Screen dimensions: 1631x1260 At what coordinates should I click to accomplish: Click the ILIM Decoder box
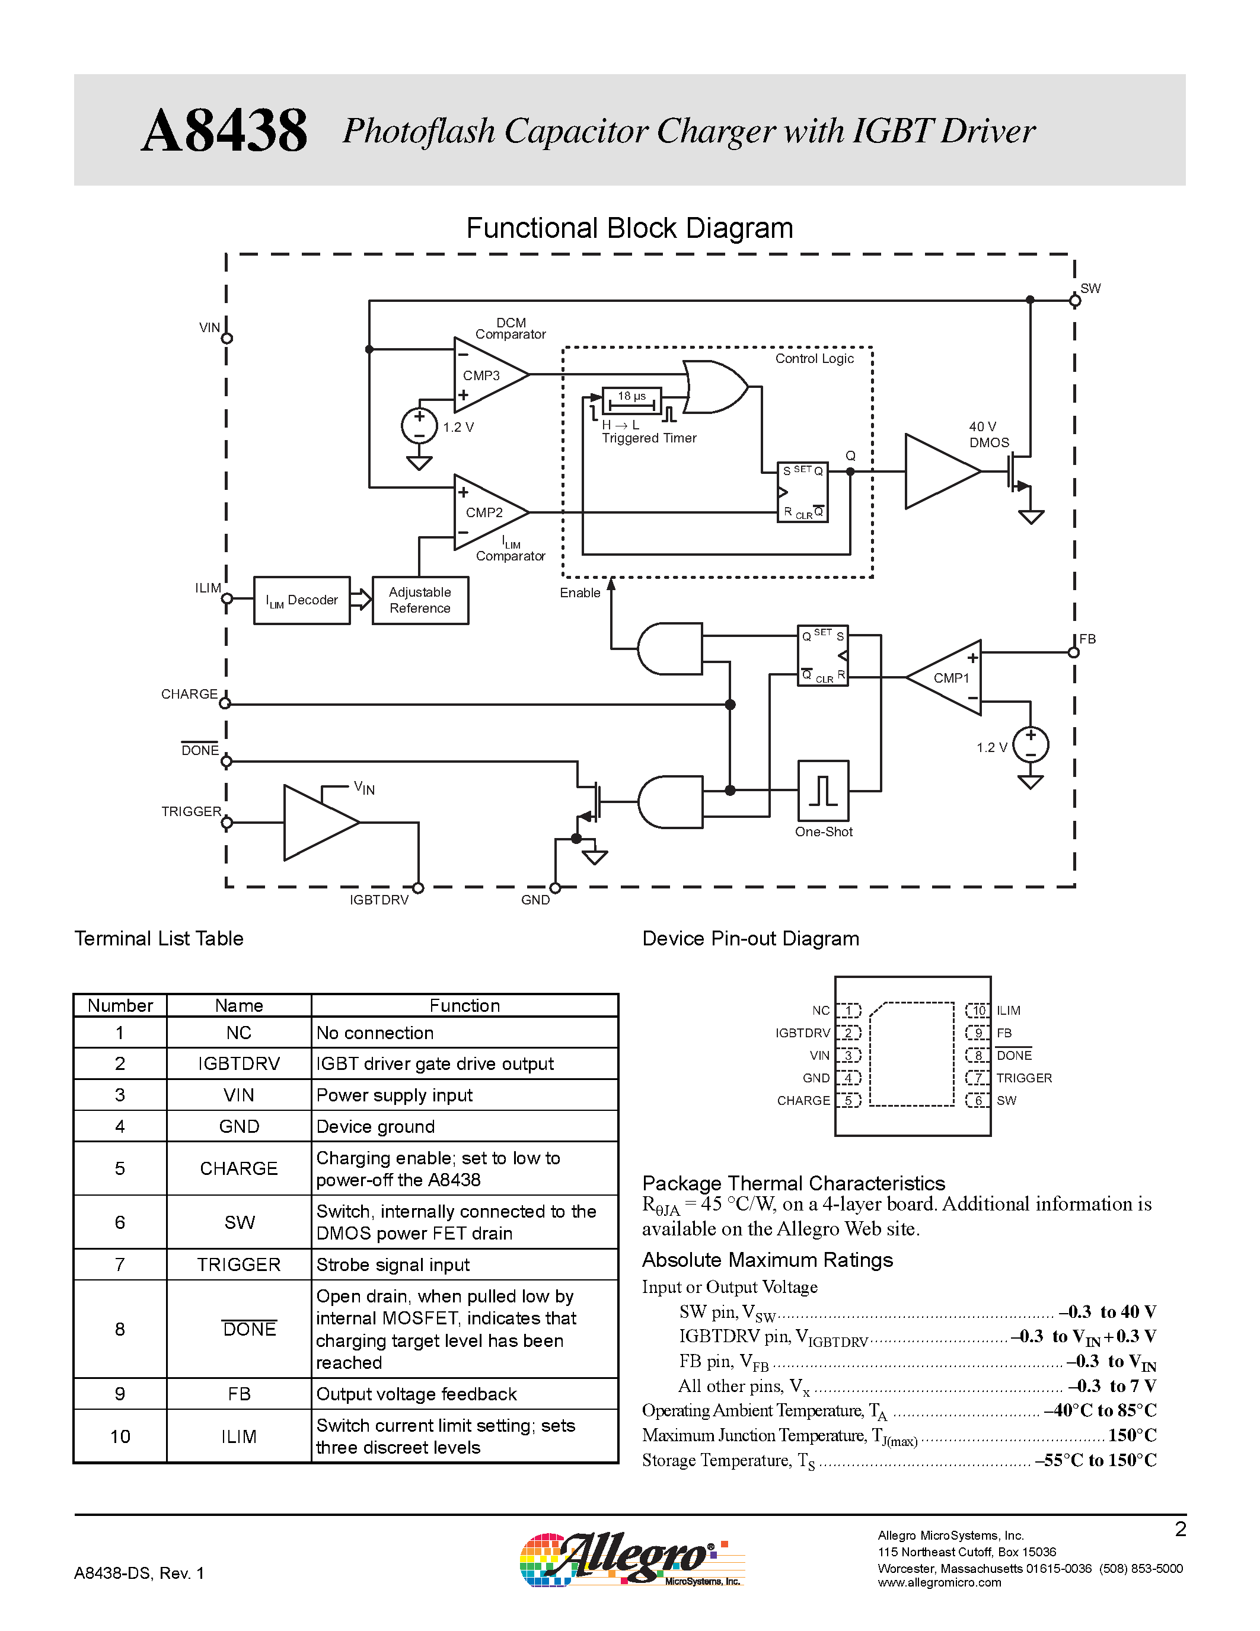coord(302,600)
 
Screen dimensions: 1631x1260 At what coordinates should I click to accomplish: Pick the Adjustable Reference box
coord(420,600)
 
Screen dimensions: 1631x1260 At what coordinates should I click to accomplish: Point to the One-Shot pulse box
coord(824,790)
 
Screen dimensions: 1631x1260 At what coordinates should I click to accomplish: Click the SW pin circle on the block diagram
coord(1075,301)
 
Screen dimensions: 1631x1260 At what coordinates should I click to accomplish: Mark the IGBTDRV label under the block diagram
coord(379,900)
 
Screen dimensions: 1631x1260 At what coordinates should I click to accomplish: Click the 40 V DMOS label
coord(988,434)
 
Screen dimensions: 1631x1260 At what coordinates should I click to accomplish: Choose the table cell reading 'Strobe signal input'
coord(393,1264)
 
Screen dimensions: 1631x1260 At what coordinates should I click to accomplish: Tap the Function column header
coord(464,1005)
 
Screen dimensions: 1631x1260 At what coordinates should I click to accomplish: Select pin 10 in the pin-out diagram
coord(978,1011)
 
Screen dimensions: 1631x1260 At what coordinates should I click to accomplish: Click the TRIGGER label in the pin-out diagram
coord(1024,1078)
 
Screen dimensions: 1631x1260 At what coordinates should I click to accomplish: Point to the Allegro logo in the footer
coord(631,1559)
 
